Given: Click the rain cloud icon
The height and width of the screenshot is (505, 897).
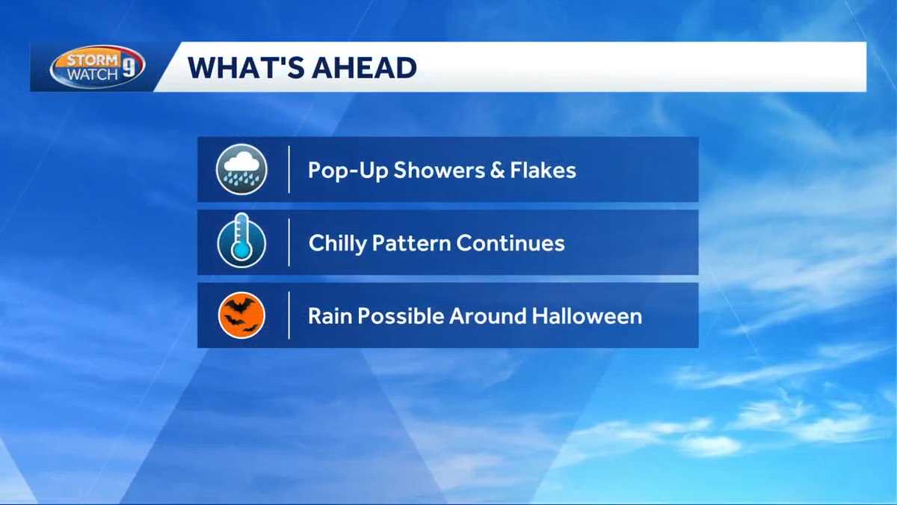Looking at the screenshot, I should pos(241,169).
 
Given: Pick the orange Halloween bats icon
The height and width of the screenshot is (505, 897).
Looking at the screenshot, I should pos(241,315).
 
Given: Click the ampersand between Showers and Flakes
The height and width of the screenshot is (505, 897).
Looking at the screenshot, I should pos(495,170).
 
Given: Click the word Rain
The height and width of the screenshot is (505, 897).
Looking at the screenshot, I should pos(330,316).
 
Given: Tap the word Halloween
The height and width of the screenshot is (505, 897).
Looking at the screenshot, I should pos(587,316).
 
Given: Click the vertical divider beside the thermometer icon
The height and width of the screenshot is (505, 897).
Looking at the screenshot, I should pos(289,242).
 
